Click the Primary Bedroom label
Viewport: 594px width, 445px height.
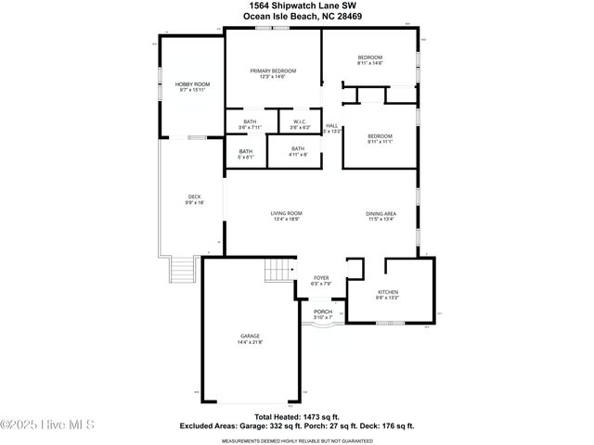pyautogui.click(x=273, y=71)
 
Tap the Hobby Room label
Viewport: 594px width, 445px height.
pyautogui.click(x=193, y=84)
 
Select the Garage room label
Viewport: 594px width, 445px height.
pyautogui.click(x=250, y=336)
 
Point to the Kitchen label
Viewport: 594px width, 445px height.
pyautogui.click(x=387, y=291)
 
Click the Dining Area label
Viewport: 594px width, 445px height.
pyautogui.click(x=381, y=214)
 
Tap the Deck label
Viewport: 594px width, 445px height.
pyautogui.click(x=194, y=197)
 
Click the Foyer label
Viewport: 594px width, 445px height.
pyautogui.click(x=321, y=277)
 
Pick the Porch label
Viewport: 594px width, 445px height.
pyautogui.click(x=323, y=311)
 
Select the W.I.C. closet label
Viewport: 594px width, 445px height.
pyautogui.click(x=300, y=121)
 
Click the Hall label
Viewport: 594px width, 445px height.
pyautogui.click(x=331, y=126)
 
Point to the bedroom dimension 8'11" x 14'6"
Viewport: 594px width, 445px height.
pyautogui.click(x=370, y=64)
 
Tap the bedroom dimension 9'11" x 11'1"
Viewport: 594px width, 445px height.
pyautogui.click(x=380, y=143)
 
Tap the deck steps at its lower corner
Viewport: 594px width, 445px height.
pyautogui.click(x=185, y=271)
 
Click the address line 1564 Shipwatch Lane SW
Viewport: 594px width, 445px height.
pyautogui.click(x=297, y=6)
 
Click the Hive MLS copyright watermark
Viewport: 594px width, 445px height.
pyautogui.click(x=48, y=426)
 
